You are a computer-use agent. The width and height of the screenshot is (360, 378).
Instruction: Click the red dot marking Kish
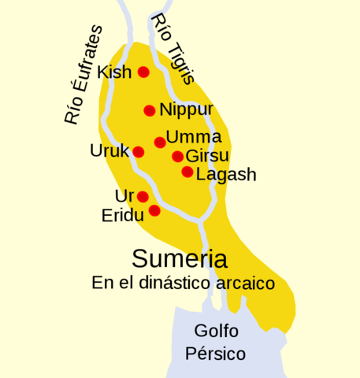pyautogui.click(x=143, y=72)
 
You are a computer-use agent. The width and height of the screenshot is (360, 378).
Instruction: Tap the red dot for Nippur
pyautogui.click(x=149, y=110)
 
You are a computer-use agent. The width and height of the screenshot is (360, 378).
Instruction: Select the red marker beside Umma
pyautogui.click(x=160, y=142)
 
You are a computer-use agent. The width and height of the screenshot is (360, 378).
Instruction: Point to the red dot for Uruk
pyautogui.click(x=138, y=152)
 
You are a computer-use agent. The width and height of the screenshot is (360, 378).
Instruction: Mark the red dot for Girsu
pyautogui.click(x=177, y=156)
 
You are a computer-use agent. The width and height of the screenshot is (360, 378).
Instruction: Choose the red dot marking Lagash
pyautogui.click(x=187, y=172)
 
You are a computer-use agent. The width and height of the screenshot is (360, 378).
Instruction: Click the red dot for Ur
pyautogui.click(x=143, y=196)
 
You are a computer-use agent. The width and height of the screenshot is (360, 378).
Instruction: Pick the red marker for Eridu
pyautogui.click(x=154, y=210)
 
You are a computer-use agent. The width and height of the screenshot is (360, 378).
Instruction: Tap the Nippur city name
pyautogui.click(x=186, y=110)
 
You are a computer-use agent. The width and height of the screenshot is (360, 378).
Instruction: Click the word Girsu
pyautogui.click(x=207, y=156)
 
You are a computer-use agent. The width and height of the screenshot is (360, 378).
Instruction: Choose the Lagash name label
pyautogui.click(x=226, y=175)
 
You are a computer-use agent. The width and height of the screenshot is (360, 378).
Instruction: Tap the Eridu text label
pyautogui.click(x=122, y=215)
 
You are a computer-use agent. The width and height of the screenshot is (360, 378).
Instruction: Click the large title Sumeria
pyautogui.click(x=180, y=258)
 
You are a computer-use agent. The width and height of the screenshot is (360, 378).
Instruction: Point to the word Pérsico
pyautogui.click(x=215, y=354)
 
